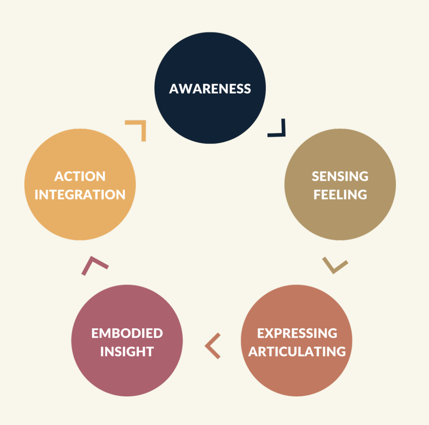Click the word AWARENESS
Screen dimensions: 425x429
pos(210,89)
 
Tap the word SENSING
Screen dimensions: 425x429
pos(340,176)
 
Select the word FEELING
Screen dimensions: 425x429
pos(340,195)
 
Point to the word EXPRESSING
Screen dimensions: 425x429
pos(297,333)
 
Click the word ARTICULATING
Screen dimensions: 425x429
pos(297,352)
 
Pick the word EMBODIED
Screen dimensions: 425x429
pos(127,333)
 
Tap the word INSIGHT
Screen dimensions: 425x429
pos(127,352)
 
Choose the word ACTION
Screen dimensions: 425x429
pos(80,176)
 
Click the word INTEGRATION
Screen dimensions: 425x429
pos(80,195)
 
